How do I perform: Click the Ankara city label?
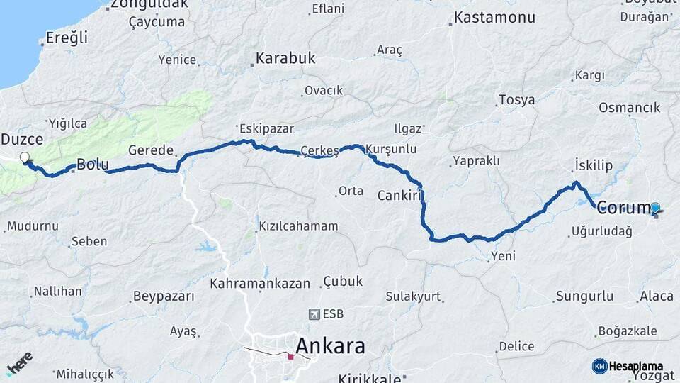[330, 346]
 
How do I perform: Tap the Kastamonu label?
[494, 17]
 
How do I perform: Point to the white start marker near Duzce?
[25, 157]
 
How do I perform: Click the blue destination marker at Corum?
[655, 208]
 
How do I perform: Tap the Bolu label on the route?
[92, 165]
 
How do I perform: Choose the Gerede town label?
[151, 150]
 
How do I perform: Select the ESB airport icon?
[314, 313]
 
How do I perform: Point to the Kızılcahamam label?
[298, 226]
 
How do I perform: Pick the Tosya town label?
[516, 100]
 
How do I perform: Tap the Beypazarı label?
[164, 296]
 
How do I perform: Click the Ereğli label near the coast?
[67, 38]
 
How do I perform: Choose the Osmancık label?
[629, 107]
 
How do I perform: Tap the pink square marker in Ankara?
[290, 356]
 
